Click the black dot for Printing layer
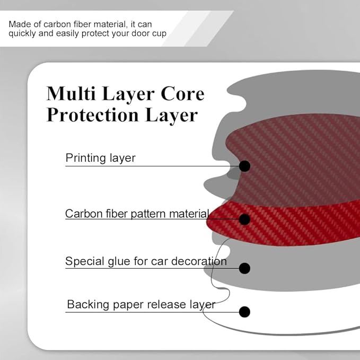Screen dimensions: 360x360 pyautogui.click(x=244, y=166)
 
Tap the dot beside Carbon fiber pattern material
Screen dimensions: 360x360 pyautogui.click(x=244, y=219)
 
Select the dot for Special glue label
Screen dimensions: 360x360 pyautogui.click(x=244, y=268)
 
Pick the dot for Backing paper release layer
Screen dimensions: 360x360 pyautogui.click(x=244, y=312)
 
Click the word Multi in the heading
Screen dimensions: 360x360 pyautogui.click(x=71, y=93)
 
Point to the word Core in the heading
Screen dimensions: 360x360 pyautogui.click(x=182, y=94)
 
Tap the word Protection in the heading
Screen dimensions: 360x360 pyautogui.click(x=93, y=115)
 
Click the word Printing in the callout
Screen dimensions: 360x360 pyautogui.click(x=86, y=159)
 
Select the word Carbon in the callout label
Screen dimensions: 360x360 pyautogui.click(x=84, y=214)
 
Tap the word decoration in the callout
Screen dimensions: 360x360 pyautogui.click(x=199, y=261)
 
